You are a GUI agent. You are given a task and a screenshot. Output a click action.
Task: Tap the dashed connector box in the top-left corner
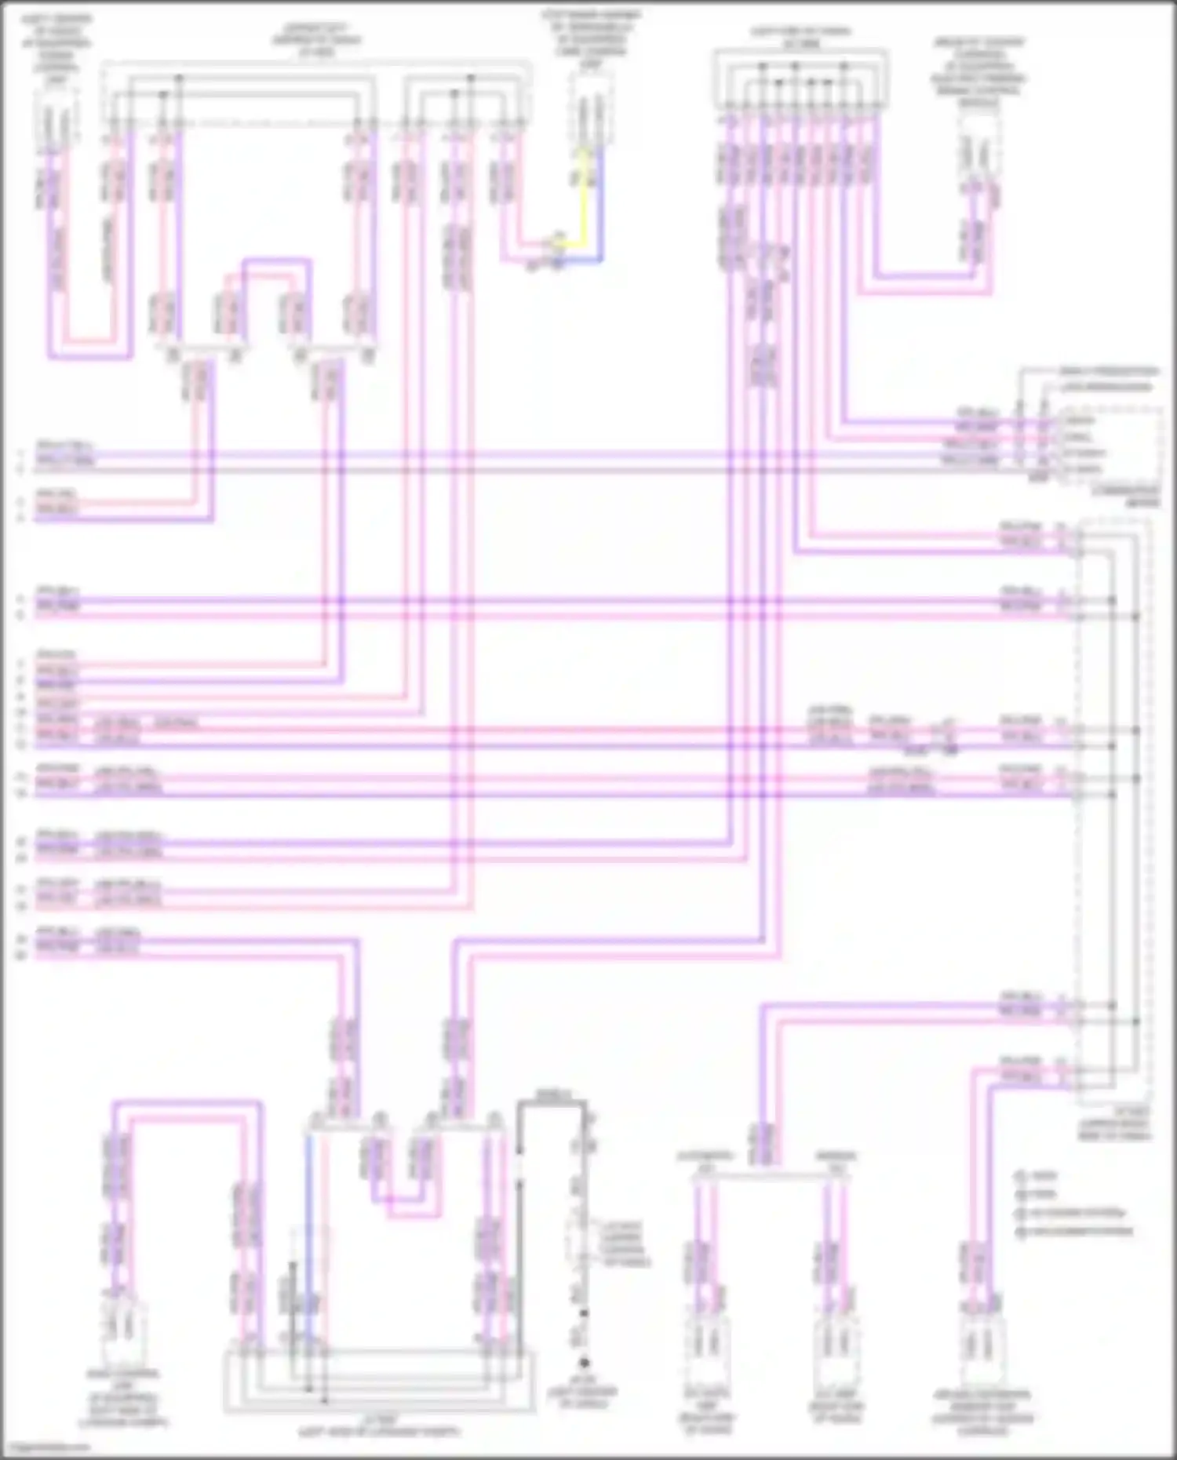(x=56, y=116)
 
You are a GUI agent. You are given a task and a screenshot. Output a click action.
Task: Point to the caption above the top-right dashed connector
(x=978, y=67)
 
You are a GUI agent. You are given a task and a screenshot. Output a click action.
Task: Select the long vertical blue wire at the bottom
(x=308, y=1240)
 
